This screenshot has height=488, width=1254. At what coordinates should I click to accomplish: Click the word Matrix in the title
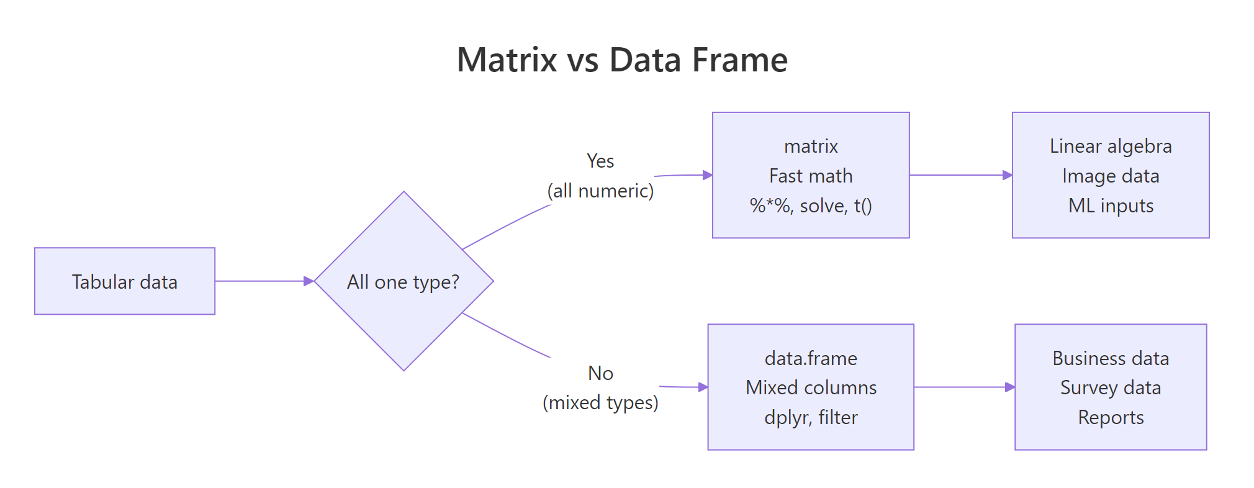507,60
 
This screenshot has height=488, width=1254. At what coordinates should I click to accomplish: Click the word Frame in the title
739,60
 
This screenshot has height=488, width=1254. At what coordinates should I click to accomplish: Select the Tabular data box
125,281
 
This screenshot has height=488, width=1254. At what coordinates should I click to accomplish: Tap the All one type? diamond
404,281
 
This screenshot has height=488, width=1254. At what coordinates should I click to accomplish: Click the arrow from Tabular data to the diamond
264,281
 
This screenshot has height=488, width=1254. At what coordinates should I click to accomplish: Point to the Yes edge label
600,161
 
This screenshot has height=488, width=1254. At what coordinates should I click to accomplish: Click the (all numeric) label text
600,191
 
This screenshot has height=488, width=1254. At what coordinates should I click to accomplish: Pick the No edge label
600,373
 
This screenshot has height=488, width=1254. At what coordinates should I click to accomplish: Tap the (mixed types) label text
600,402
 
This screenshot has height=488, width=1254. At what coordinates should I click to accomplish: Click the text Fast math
811,176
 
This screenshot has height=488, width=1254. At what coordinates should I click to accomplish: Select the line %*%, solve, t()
811,206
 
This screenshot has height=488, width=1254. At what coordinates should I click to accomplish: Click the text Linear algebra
1111,146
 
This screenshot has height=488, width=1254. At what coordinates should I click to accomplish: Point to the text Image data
1111,176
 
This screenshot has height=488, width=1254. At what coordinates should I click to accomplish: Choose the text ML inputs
1111,206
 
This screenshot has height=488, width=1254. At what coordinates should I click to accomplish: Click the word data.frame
811,358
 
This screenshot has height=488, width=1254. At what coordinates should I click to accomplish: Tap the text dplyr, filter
811,417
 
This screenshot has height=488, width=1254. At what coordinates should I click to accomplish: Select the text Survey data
1111,387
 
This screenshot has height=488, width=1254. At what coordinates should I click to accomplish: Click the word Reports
1111,417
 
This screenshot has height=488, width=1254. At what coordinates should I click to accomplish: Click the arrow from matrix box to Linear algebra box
960,175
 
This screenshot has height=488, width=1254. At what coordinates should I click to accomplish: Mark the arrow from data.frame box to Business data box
964,387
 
